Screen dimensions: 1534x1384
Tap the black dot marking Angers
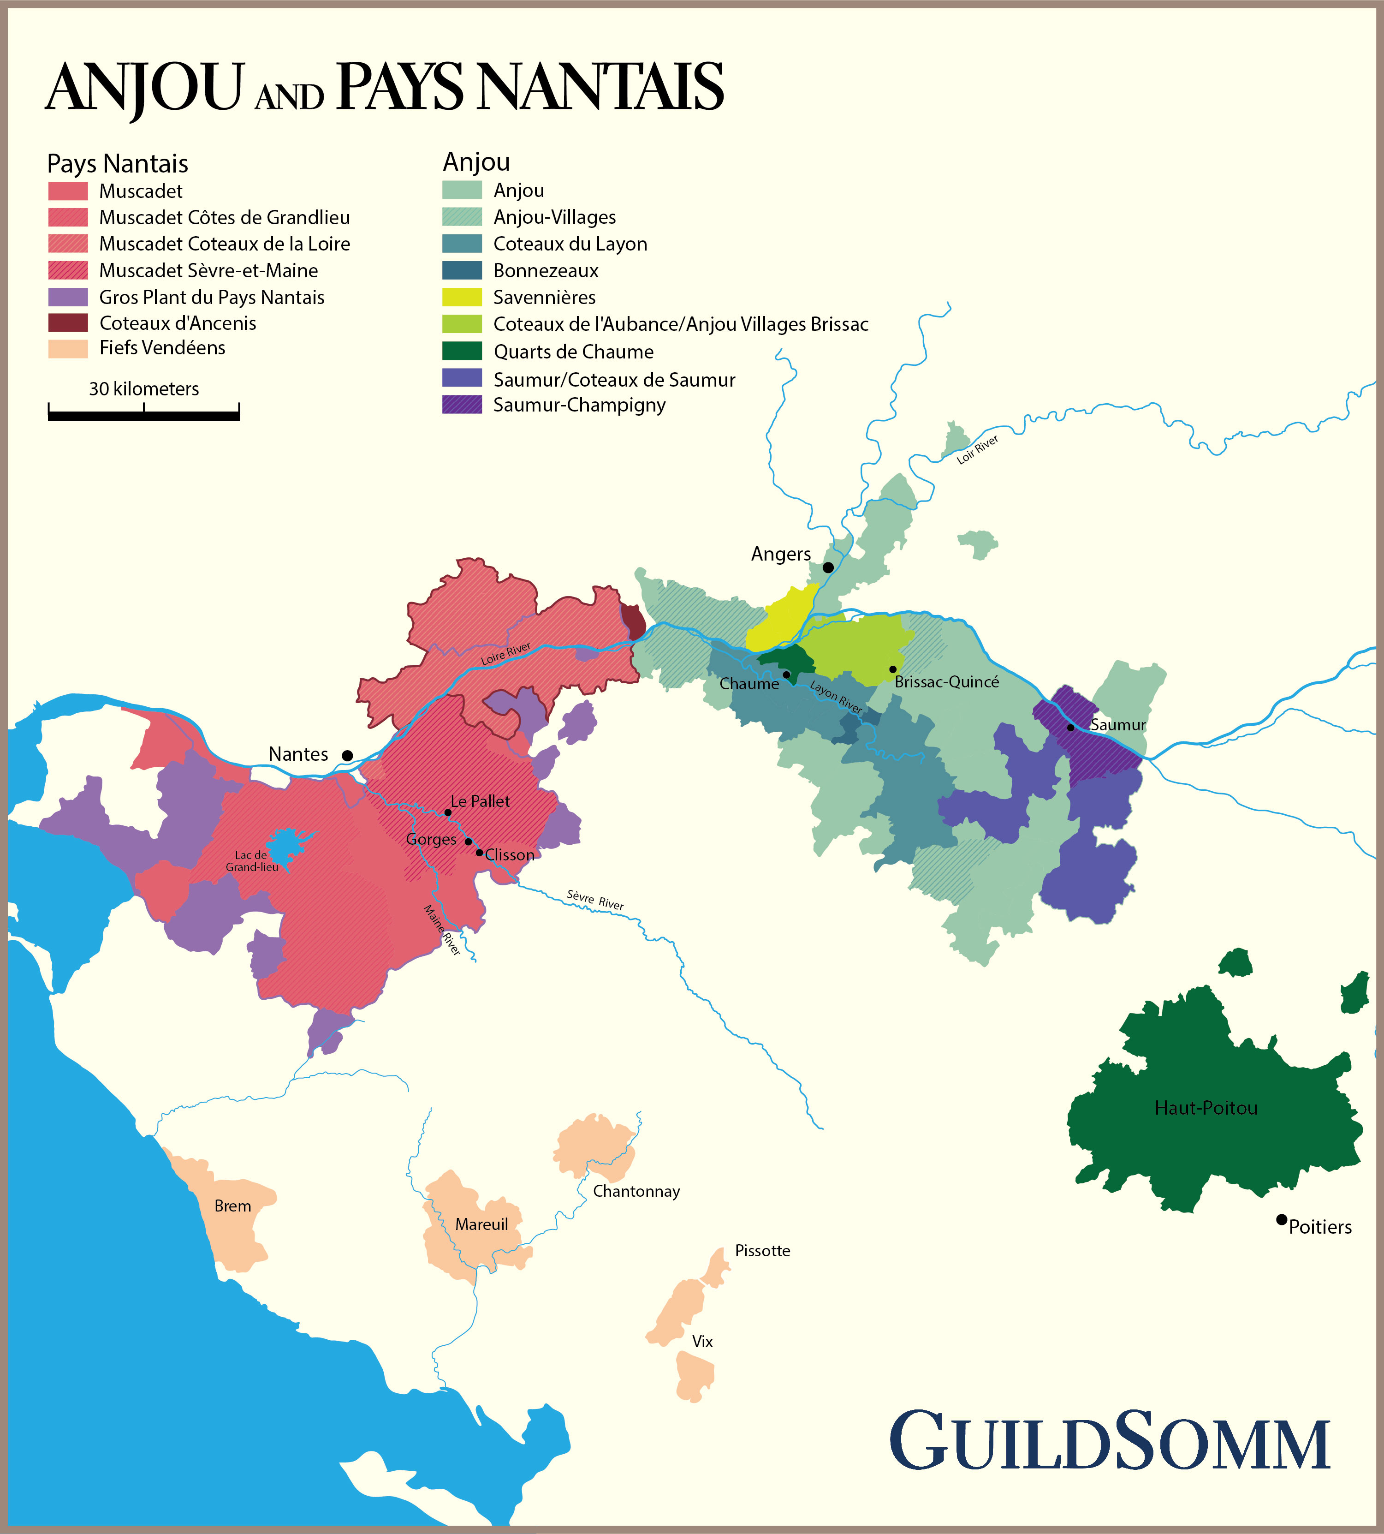pos(828,567)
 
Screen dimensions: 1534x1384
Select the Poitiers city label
pos(1320,1227)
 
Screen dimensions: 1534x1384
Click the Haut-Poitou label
pos(1206,1108)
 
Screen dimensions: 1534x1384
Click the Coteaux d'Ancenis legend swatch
pos(68,323)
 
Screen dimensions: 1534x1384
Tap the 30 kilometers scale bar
pos(144,414)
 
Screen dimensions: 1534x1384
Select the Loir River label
pos(977,449)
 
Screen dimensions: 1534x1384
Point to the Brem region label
pos(233,1206)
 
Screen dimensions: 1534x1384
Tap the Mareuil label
pos(481,1224)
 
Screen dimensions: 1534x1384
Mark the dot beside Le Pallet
pos(448,812)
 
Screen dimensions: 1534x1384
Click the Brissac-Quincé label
pos(947,681)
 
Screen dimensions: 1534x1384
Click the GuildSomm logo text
pos(1110,1441)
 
